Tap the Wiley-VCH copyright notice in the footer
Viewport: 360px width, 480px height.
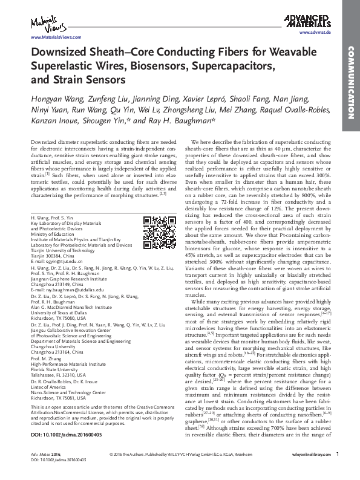click(180, 469)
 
